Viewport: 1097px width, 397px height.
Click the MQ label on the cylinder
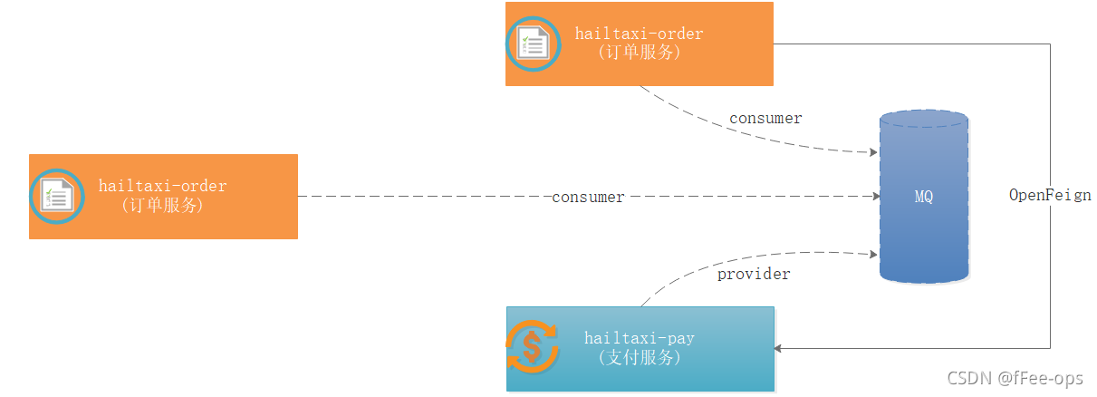(923, 197)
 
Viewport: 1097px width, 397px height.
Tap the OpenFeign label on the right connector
(1050, 195)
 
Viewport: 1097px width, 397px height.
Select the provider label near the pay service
(754, 274)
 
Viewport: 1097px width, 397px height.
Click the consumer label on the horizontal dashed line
(588, 197)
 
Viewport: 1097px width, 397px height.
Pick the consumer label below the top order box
(765, 118)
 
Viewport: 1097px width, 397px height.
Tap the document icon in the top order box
(534, 44)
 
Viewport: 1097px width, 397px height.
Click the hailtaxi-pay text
(639, 338)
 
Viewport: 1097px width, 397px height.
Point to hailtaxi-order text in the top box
(639, 34)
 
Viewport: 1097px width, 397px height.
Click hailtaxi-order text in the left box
(162, 186)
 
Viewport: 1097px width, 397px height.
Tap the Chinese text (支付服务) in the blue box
(639, 357)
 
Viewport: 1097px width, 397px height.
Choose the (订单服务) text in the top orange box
(639, 53)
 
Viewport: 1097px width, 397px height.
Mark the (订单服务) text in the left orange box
(162, 206)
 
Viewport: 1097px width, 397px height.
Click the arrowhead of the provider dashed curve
(874, 254)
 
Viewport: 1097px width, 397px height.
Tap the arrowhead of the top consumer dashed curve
(872, 151)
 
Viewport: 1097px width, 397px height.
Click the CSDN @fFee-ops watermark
(1015, 378)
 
